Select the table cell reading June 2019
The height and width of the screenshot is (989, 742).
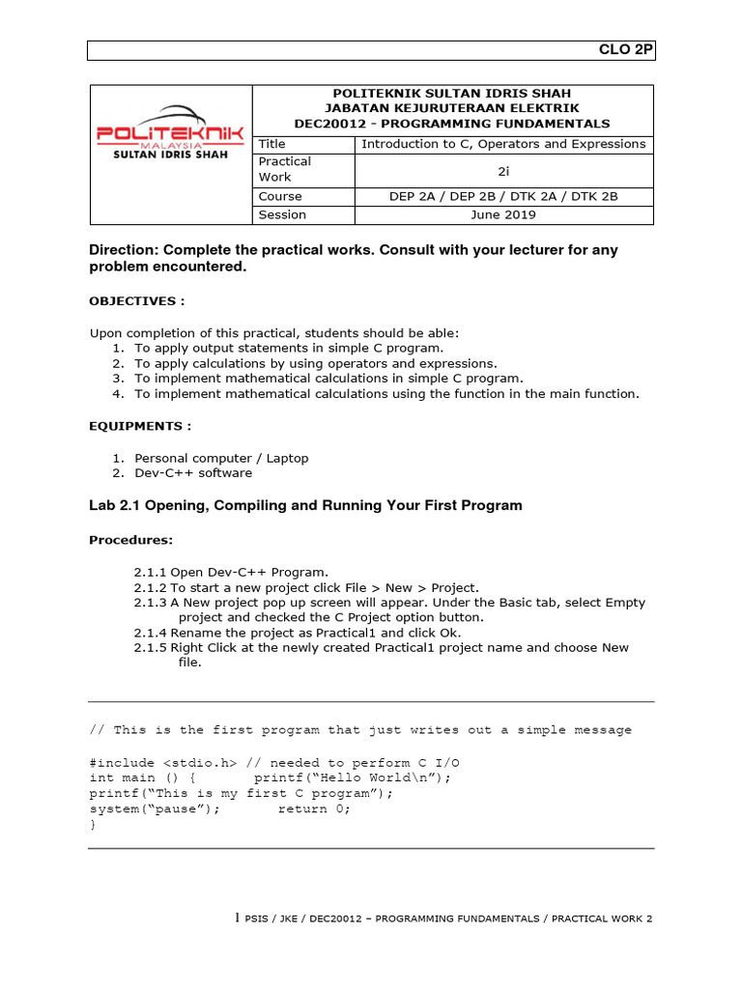pyautogui.click(x=502, y=214)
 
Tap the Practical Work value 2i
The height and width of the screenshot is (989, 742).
pyautogui.click(x=502, y=170)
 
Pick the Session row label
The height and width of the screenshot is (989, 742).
pyautogui.click(x=282, y=214)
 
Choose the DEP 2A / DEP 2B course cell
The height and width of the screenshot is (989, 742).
pyautogui.click(x=502, y=196)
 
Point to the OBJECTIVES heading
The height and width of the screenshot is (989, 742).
pyautogui.click(x=136, y=300)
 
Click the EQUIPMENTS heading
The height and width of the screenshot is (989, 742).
pyautogui.click(x=140, y=426)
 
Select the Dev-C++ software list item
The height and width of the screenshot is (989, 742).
pyautogui.click(x=193, y=473)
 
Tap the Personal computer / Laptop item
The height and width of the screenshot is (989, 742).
pyautogui.click(x=221, y=458)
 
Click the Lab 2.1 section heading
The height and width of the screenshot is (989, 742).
pyautogui.click(x=305, y=505)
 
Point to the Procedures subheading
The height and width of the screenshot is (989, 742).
pyautogui.click(x=131, y=539)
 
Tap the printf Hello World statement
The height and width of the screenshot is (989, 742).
pyautogui.click(x=353, y=777)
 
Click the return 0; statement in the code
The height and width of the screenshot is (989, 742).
pyautogui.click(x=315, y=809)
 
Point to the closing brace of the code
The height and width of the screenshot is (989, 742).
pyautogui.click(x=93, y=825)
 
